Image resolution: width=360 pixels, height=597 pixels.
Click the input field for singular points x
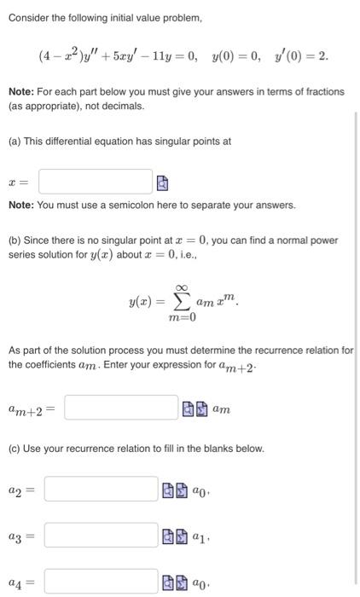click(95, 182)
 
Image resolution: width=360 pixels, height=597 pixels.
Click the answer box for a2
click(101, 490)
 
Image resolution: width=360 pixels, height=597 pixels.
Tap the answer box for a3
click(101, 535)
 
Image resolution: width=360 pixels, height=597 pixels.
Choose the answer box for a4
click(101, 583)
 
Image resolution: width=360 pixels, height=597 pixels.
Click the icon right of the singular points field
click(163, 183)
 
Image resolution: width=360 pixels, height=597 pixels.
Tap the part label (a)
click(15, 142)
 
